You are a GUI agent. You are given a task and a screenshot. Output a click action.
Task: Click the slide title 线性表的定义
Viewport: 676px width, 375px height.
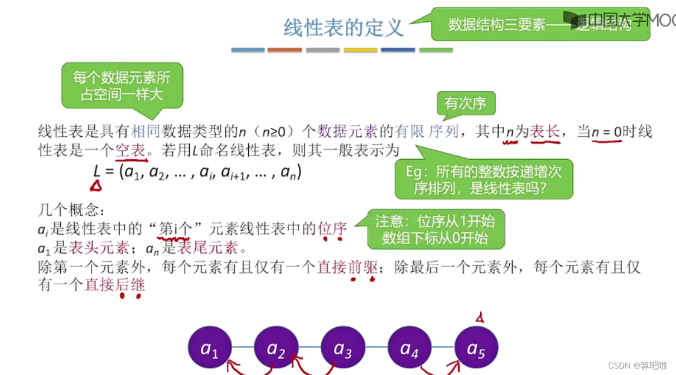pos(344,28)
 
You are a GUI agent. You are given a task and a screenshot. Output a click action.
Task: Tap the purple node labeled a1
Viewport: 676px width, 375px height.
pos(210,348)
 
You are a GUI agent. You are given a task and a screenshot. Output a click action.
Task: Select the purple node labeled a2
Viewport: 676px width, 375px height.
pos(276,348)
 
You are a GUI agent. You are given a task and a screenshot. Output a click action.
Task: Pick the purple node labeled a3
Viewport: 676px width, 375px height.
pos(342,348)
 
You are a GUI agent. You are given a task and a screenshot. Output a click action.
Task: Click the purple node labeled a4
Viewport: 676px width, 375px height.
pos(409,348)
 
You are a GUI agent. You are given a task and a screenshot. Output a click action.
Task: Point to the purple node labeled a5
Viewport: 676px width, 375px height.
pos(476,348)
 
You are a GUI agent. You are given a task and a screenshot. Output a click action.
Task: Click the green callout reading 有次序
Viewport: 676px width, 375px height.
pos(465,104)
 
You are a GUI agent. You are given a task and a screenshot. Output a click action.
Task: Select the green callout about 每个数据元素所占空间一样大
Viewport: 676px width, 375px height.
pos(121,85)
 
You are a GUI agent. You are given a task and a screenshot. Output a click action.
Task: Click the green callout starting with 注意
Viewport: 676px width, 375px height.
pos(436,229)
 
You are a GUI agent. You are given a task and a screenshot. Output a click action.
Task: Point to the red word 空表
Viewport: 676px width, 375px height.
pos(130,150)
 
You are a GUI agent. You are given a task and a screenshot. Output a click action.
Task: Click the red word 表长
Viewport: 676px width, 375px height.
pos(545,131)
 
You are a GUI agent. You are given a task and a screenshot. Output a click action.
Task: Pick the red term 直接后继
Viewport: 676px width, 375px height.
pos(115,285)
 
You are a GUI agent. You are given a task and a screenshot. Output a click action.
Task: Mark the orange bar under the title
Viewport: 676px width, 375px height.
pos(285,50)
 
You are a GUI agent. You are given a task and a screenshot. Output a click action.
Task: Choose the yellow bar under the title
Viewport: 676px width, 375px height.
pos(360,50)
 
